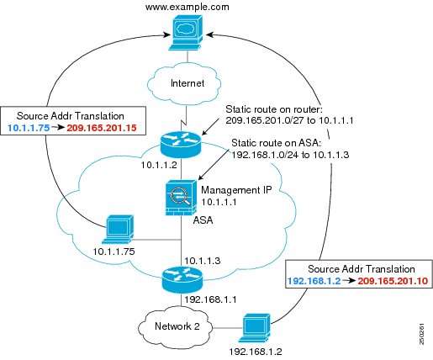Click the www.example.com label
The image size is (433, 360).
pos(187,7)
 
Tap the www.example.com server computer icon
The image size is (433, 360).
pos(186,33)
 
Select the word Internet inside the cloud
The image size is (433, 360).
pos(187,83)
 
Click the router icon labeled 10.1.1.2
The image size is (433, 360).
pos(181,145)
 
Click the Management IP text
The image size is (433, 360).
pos(236,191)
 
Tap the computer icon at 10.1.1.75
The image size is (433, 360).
pos(119,229)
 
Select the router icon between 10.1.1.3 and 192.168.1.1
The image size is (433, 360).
pos(182,280)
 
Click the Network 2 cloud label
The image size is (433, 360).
pos(177,326)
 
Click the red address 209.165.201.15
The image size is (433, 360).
pos(102,128)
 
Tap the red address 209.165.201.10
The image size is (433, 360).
pos(393,281)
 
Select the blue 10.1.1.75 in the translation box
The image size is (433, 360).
pos(29,128)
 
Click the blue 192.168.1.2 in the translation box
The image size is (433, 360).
pos(314,281)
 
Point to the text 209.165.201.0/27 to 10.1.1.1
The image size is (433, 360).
pos(289,120)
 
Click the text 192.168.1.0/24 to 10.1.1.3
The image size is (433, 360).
pos(289,155)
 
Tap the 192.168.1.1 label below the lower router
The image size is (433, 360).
pos(210,299)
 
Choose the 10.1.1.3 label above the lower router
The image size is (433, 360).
pos(203,261)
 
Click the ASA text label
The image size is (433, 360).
pos(203,220)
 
